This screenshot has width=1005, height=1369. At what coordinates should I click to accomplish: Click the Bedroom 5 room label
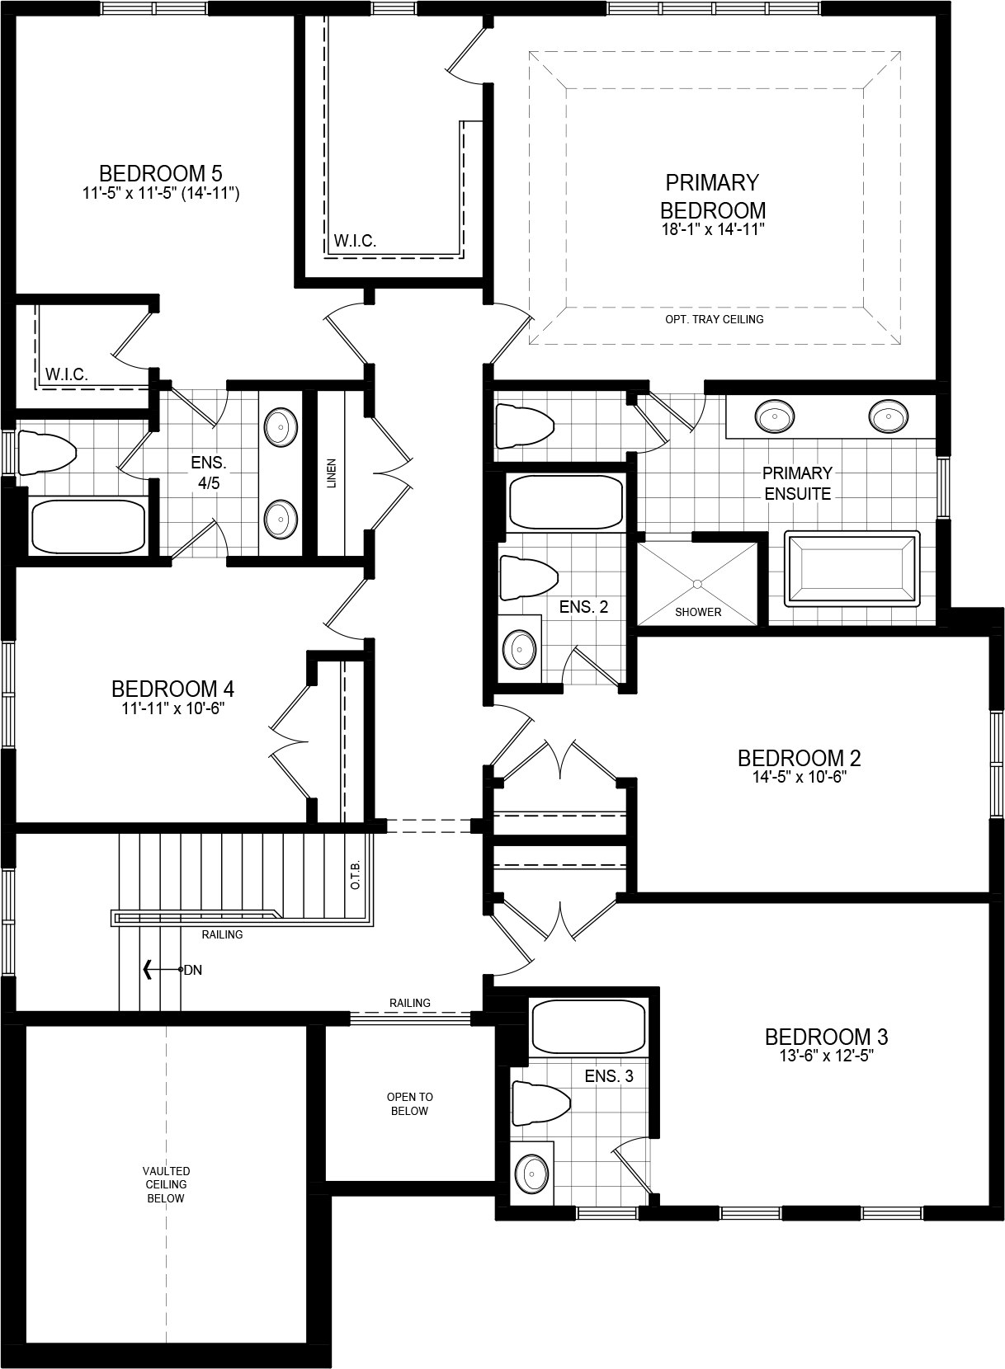(x=160, y=173)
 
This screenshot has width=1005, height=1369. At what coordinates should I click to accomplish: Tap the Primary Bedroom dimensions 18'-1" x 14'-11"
(x=712, y=230)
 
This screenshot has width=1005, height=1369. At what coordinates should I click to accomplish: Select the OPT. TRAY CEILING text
(x=714, y=319)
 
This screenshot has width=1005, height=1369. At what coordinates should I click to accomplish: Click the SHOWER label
(x=698, y=612)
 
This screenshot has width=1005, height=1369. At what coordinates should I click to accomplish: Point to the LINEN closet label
(x=332, y=473)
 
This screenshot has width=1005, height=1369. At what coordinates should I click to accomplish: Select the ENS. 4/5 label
(x=209, y=473)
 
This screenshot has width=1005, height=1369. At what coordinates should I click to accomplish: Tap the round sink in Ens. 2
(x=520, y=649)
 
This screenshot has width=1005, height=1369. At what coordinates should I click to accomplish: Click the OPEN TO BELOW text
(x=409, y=1103)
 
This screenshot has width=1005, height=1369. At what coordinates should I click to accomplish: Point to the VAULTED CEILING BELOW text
(x=166, y=1184)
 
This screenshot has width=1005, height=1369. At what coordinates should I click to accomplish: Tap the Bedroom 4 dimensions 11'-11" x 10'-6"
(x=172, y=708)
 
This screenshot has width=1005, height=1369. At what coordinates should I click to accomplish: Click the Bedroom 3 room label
(x=826, y=1037)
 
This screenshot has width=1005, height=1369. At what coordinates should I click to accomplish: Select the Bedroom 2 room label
(x=799, y=758)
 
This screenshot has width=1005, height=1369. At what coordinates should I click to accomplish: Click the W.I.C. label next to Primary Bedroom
(x=355, y=242)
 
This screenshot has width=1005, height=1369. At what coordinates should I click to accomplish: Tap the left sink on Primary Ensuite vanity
(x=774, y=416)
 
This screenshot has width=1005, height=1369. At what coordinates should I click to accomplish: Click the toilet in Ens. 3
(x=541, y=1103)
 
